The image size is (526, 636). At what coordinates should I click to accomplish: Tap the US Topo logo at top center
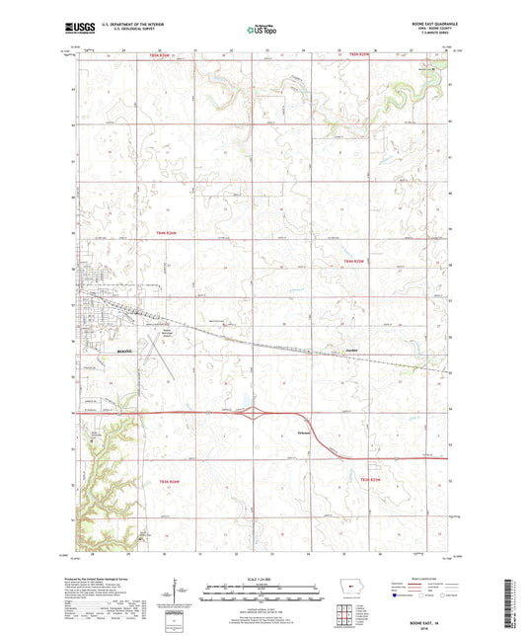(x=261, y=31)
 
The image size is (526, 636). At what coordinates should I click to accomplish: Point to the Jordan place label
(x=351, y=349)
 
